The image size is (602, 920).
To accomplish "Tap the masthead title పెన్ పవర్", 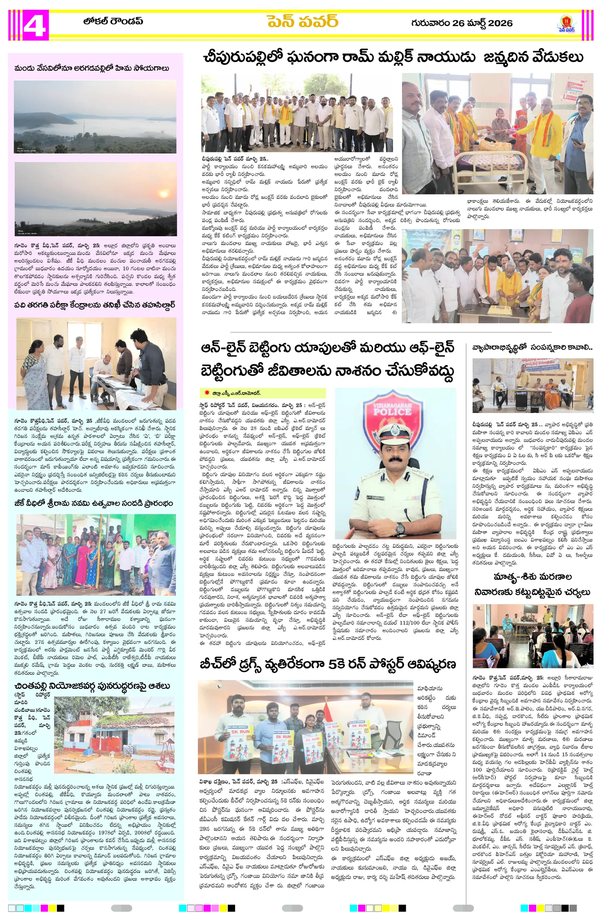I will [302, 22].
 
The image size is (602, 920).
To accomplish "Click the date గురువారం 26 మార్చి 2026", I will [461, 23].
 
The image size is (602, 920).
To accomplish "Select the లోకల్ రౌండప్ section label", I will [113, 21].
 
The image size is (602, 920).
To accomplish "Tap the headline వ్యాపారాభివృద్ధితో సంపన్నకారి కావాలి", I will [532, 348].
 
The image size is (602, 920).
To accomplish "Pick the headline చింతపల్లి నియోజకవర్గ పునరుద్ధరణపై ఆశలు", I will [92, 686].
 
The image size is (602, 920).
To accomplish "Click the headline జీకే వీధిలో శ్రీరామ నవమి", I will [94, 504].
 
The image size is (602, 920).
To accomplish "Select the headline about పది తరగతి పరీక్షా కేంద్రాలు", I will [94, 305].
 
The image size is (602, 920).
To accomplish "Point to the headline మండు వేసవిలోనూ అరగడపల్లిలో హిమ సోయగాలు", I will [92, 68].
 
